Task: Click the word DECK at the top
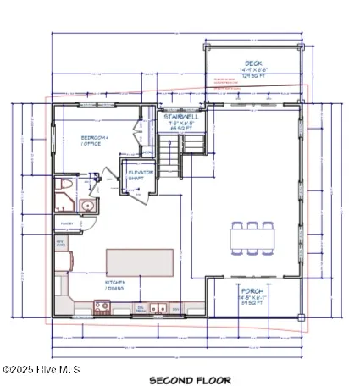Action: pyautogui.click(x=253, y=63)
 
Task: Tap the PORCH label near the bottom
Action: pyautogui.click(x=253, y=290)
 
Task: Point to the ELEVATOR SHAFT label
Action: pyautogui.click(x=140, y=175)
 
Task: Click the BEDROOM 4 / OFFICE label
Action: pyautogui.click(x=91, y=140)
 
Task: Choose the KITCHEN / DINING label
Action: pyautogui.click(x=116, y=284)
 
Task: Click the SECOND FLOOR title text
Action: pyautogui.click(x=190, y=379)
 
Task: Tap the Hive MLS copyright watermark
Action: pyautogui.click(x=34, y=369)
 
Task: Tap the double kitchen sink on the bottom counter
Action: pyautogui.click(x=159, y=308)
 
